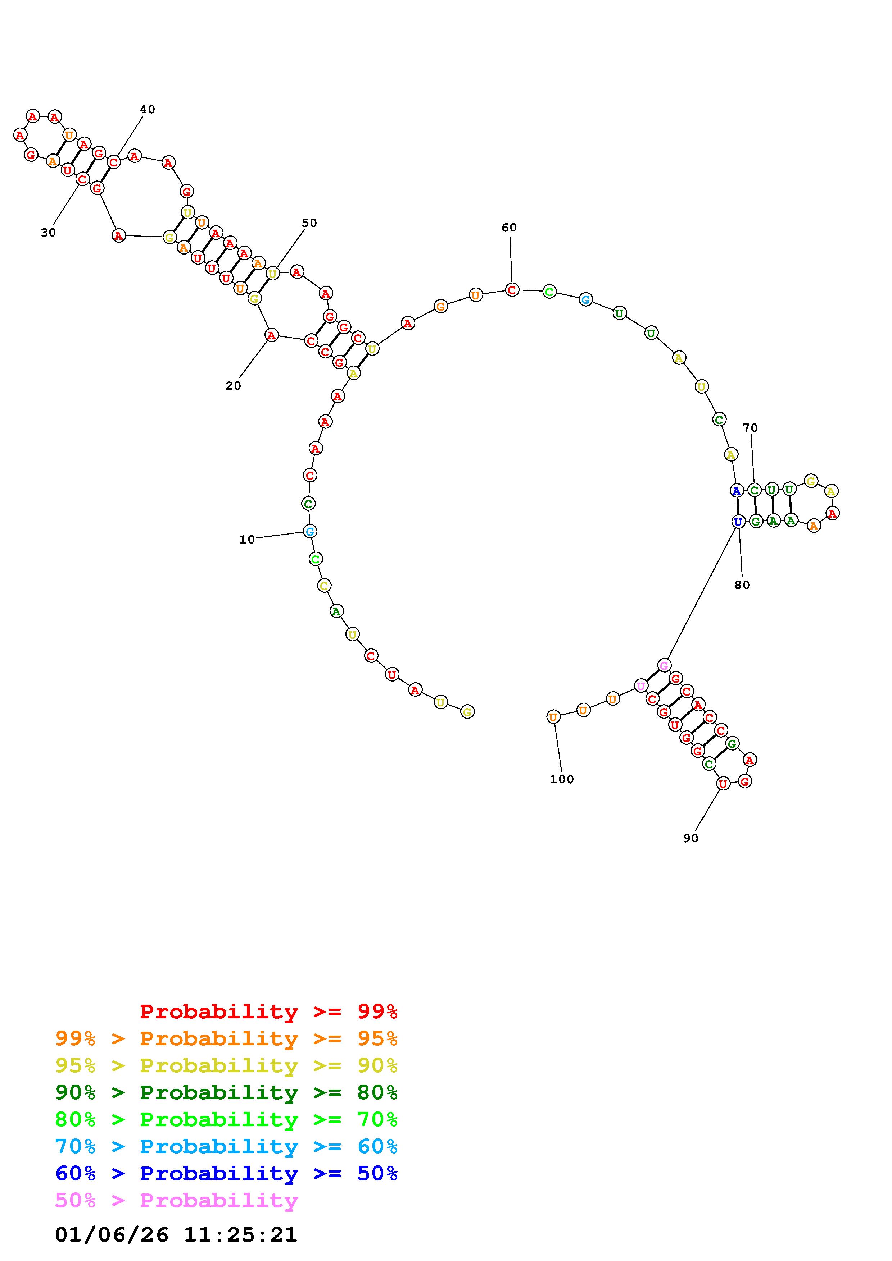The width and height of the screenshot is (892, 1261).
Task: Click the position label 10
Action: (x=247, y=540)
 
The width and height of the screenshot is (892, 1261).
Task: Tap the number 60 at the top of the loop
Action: (x=509, y=228)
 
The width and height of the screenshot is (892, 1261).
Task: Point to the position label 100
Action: (x=562, y=779)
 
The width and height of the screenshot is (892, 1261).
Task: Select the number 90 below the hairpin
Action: (x=691, y=838)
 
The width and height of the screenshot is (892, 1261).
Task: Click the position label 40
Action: (x=147, y=109)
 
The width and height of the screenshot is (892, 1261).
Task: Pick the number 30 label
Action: (x=48, y=233)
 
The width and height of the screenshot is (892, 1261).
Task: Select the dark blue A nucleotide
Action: (x=737, y=490)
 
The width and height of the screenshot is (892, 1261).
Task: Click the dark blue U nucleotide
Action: (x=738, y=521)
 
